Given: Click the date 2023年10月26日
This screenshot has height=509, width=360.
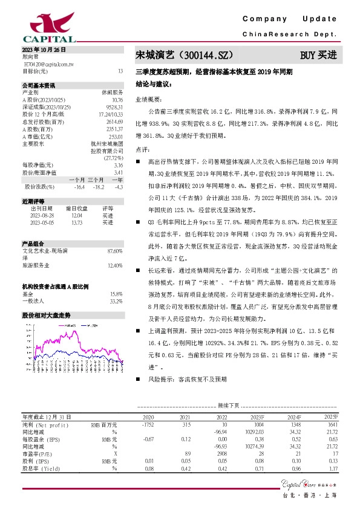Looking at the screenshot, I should click(42, 49).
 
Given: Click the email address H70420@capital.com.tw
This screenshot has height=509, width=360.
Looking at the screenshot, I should click(48, 63).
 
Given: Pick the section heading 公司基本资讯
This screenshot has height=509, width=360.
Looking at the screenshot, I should click(39, 85).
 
